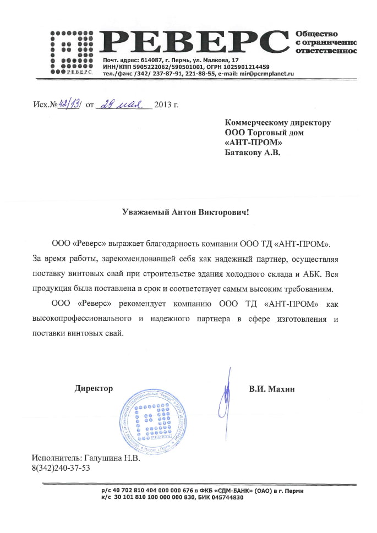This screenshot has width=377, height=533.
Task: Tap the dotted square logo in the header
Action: click(71, 51)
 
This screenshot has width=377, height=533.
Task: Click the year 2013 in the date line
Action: click(163, 104)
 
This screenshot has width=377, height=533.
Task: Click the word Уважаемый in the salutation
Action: click(143, 211)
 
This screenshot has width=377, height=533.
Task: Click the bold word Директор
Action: click(94, 389)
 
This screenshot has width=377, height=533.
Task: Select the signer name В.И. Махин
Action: click(272, 389)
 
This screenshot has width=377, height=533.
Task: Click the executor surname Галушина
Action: click(104, 458)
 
